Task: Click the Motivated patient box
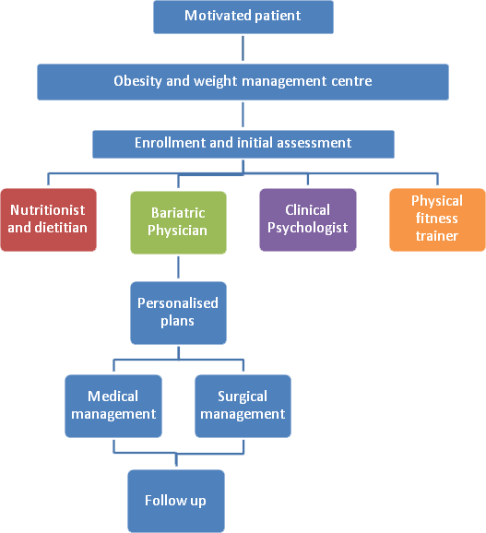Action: tap(243, 17)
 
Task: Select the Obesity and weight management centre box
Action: tap(243, 82)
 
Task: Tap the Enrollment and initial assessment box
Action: tap(243, 144)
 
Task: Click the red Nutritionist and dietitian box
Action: tap(48, 219)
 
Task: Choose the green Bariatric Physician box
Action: tap(178, 222)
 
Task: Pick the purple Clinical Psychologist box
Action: tap(308, 219)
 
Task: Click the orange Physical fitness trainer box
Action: tap(437, 219)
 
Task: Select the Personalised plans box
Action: tap(178, 313)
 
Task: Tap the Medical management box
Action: tap(113, 406)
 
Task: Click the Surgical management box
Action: tap(243, 406)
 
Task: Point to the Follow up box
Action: tap(176, 501)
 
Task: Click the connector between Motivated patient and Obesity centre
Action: tap(243, 49)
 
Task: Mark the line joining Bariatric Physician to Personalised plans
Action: tap(178, 267)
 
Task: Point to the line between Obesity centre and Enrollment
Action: tap(243, 115)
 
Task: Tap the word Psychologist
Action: tap(308, 228)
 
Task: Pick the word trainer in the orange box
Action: tap(437, 236)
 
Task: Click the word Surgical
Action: tap(243, 397)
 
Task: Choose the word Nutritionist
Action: tap(48, 210)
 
